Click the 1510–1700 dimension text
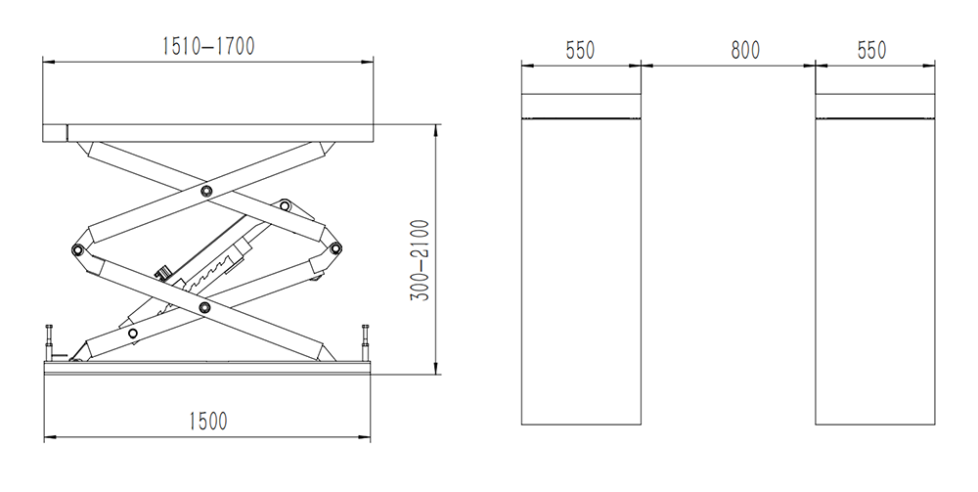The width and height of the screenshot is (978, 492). click(208, 46)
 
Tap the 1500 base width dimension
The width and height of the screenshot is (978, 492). click(208, 422)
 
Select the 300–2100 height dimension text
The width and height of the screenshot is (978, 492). click(420, 260)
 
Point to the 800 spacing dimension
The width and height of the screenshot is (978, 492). click(745, 50)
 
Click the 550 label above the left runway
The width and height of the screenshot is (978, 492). click(580, 50)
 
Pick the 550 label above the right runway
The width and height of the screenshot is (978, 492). click(871, 50)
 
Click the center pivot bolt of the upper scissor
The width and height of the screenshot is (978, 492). click(206, 191)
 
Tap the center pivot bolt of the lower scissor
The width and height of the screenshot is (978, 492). click(204, 307)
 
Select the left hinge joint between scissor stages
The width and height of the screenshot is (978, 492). click(78, 250)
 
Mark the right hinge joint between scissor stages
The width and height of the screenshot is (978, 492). click(335, 248)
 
